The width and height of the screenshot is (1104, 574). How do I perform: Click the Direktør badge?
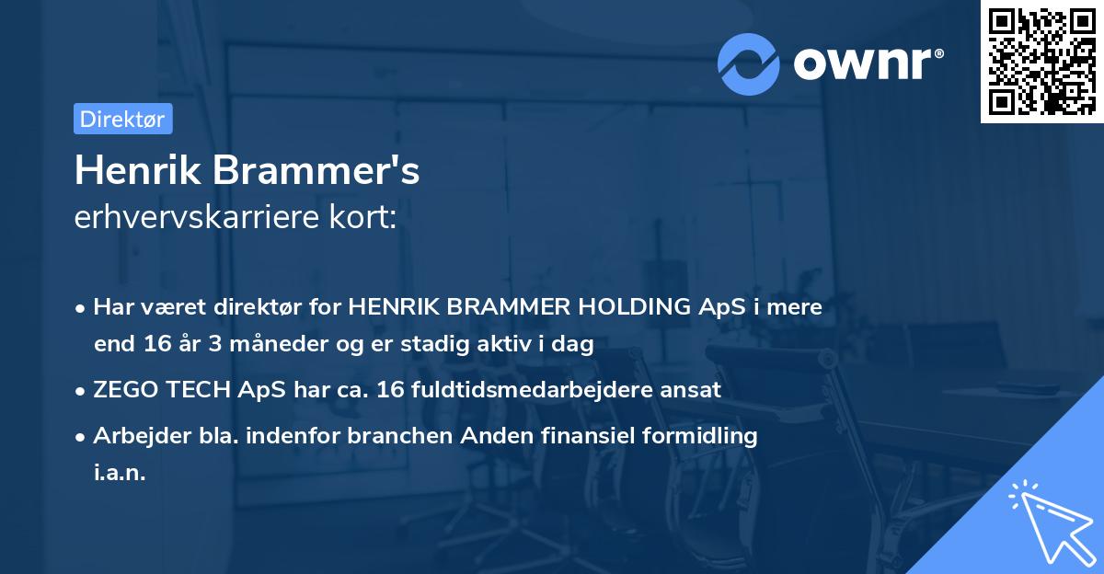coord(122,119)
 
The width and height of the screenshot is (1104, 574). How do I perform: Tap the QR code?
coord(1041,61)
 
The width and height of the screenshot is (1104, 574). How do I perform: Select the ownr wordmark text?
coord(866,62)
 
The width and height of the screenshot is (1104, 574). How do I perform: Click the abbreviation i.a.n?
coord(120,474)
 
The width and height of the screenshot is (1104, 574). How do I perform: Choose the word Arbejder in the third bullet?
coord(133,435)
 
